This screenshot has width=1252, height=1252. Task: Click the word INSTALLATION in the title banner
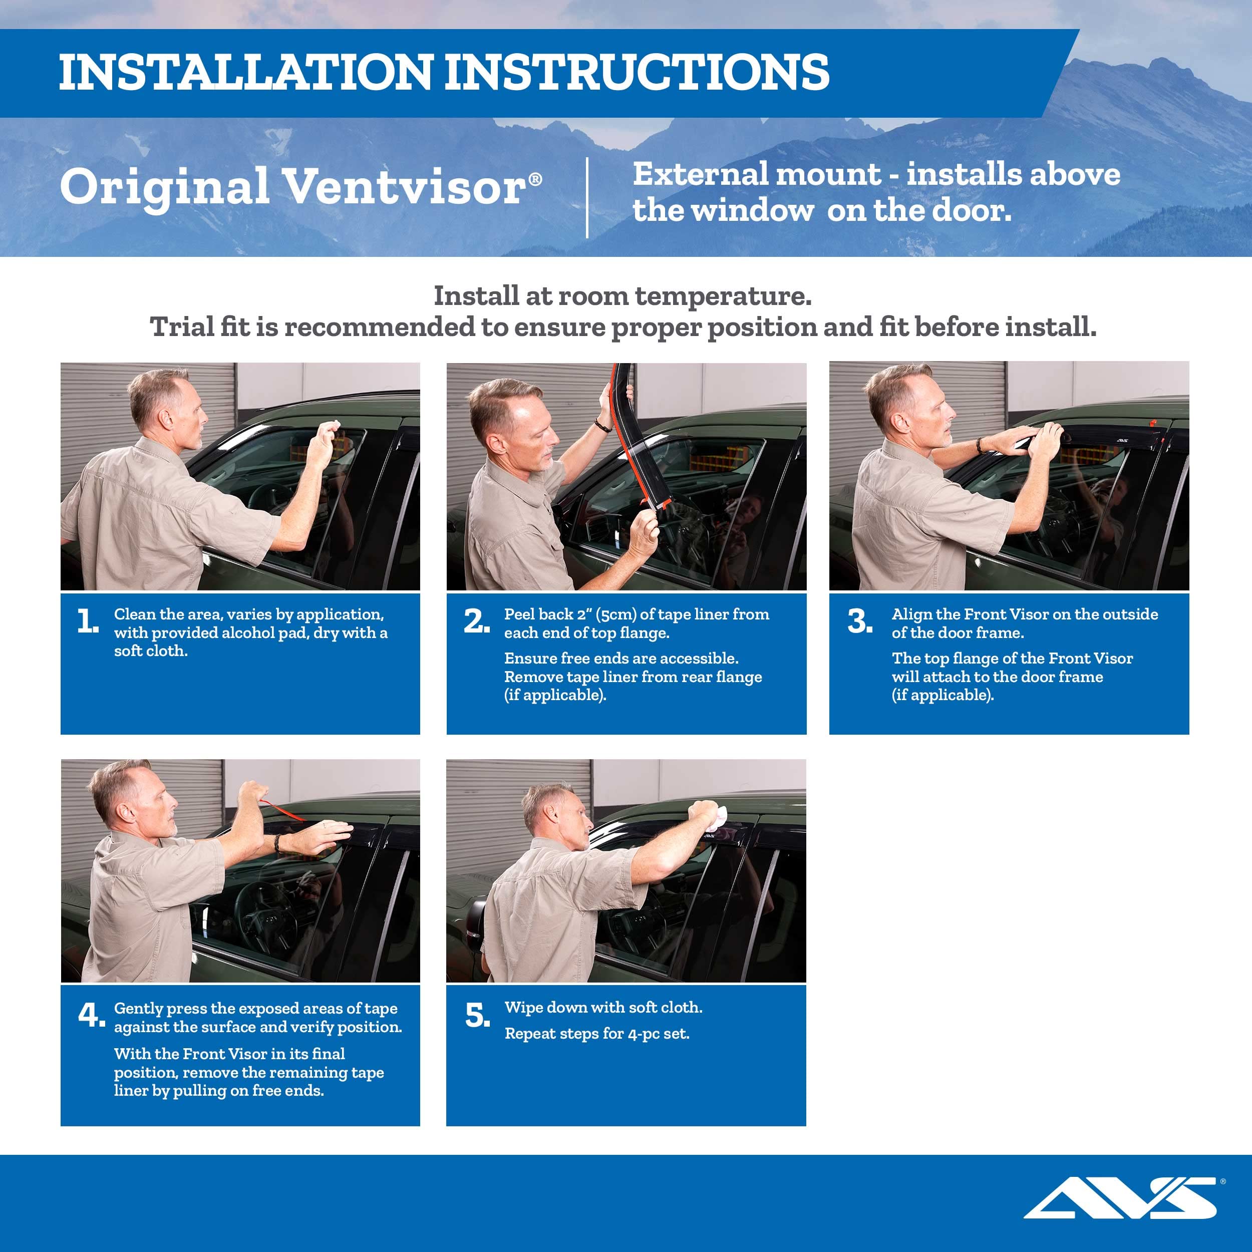click(x=245, y=72)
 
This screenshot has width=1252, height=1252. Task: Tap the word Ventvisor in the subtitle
click(x=405, y=187)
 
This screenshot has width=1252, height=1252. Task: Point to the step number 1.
click(x=88, y=621)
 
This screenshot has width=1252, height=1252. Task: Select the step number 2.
click(x=476, y=621)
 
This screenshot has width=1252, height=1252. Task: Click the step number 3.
click(x=860, y=621)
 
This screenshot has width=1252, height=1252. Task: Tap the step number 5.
click(x=478, y=1016)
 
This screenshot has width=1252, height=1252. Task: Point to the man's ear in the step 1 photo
click(x=167, y=418)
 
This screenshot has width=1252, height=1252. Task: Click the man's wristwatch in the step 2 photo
click(x=602, y=426)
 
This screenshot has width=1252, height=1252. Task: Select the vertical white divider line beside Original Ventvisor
click(x=587, y=198)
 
